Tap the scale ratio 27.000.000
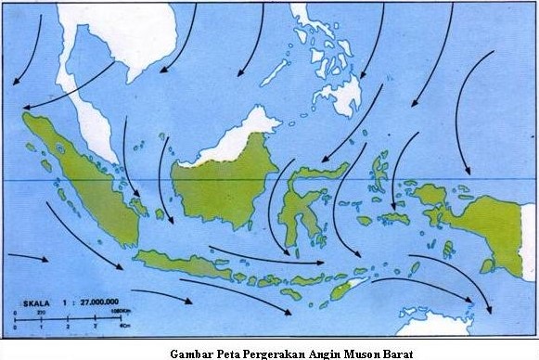(x=92, y=302)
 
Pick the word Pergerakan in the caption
(x=278, y=352)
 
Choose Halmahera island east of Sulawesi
(x=379, y=172)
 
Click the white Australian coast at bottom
(x=445, y=325)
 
